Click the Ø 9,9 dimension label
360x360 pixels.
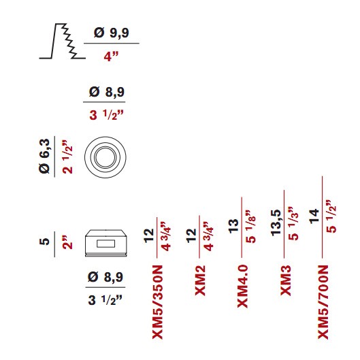point(112,33)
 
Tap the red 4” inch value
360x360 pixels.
point(111,56)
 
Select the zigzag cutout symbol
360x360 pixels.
point(63,41)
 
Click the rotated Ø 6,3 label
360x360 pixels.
point(44,156)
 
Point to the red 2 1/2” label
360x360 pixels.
point(67,157)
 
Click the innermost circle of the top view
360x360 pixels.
point(105,157)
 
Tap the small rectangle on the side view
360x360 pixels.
point(105,244)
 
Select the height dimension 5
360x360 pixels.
point(44,242)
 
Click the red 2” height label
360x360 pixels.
point(67,242)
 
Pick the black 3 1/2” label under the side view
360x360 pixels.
point(105,300)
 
